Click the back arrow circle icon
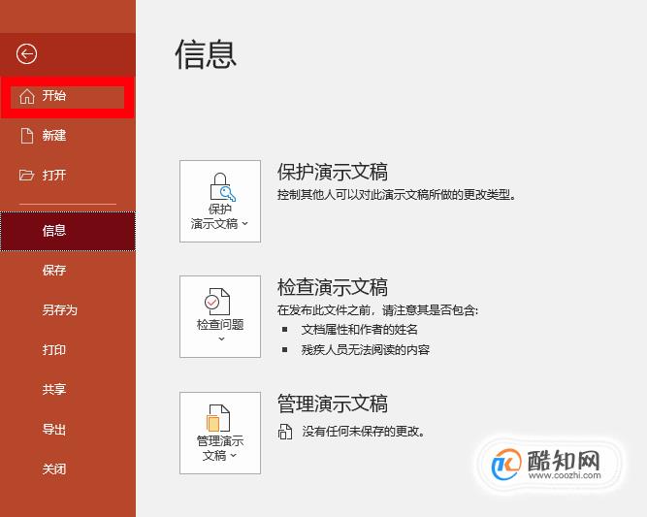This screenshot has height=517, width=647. (26, 54)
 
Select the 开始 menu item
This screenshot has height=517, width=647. (67, 97)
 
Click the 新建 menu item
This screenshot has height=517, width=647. (54, 136)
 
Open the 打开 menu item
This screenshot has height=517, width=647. (54, 175)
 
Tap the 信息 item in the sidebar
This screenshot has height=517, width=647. (68, 231)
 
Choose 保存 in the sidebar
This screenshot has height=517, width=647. (54, 271)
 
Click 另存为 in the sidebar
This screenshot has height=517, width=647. (60, 309)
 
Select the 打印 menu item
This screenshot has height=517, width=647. (54, 350)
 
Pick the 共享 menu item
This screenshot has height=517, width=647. (54, 389)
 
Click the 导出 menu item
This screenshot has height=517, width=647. (54, 429)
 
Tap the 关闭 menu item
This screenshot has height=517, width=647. (54, 469)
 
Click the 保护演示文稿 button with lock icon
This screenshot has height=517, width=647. (220, 201)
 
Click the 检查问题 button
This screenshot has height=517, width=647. (220, 316)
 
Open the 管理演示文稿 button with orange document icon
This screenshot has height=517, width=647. (220, 433)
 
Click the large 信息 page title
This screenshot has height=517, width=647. (206, 54)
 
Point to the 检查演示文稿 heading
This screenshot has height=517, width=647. (333, 287)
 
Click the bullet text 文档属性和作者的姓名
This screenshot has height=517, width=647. (360, 329)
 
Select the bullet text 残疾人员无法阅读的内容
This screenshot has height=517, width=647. (366, 350)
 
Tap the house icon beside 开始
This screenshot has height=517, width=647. (27, 97)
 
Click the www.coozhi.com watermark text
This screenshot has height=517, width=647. (565, 475)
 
